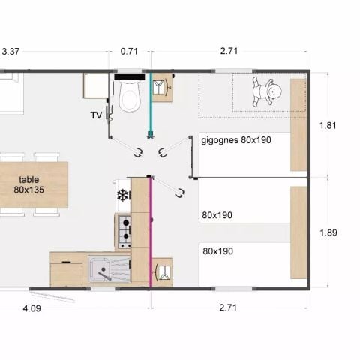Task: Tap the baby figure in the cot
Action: click(266, 91)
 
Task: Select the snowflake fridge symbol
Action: click(123, 196)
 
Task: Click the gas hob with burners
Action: click(124, 232)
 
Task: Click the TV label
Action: click(96, 115)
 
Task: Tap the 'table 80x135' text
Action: click(28, 184)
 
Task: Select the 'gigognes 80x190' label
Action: click(236, 140)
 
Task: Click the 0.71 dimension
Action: click(129, 52)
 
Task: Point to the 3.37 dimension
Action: click(10, 52)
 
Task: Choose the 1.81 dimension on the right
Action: click(328, 125)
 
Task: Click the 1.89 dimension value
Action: click(328, 232)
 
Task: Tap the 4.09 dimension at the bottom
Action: click(31, 308)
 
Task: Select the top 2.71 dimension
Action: click(229, 51)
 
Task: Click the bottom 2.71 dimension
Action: click(228, 307)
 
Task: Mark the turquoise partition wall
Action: click(151, 104)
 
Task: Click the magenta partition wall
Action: click(151, 232)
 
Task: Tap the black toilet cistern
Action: click(130, 77)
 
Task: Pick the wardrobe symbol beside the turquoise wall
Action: click(161, 87)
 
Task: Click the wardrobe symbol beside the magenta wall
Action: click(163, 272)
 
